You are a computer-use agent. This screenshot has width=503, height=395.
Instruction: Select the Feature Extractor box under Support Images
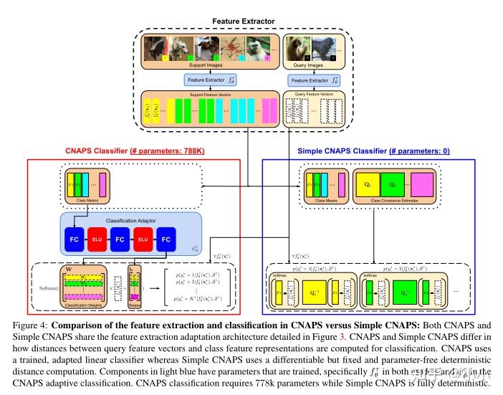pos(209,80)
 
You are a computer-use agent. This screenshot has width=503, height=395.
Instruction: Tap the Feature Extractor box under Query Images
pos(312,80)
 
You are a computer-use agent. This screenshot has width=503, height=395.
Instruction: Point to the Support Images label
pos(207,65)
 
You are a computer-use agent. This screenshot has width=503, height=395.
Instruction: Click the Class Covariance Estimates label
pos(395,201)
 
